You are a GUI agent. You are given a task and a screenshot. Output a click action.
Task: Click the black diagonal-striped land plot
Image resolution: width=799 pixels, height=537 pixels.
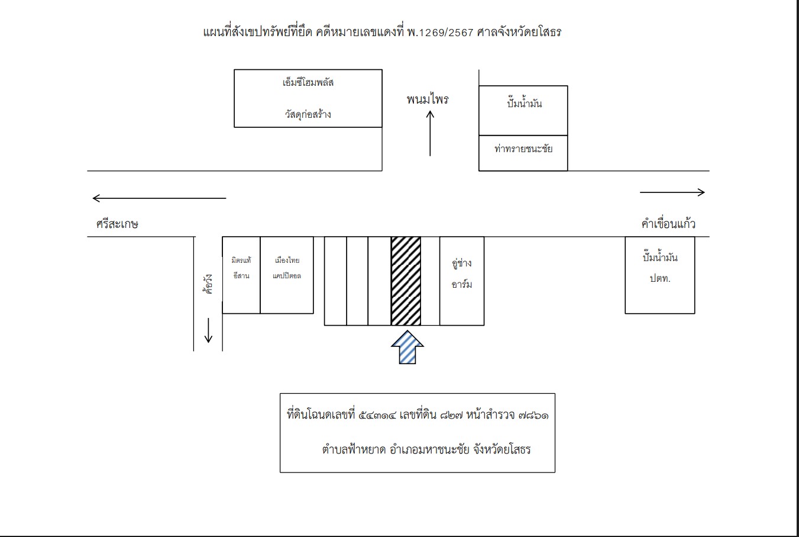point(406,281)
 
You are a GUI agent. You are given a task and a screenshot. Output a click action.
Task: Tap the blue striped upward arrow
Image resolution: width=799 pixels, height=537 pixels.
point(407,347)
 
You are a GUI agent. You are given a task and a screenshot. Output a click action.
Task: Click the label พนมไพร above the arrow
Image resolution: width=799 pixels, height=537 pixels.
point(428,99)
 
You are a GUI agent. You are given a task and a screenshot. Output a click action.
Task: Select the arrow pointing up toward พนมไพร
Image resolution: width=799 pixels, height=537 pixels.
point(430,133)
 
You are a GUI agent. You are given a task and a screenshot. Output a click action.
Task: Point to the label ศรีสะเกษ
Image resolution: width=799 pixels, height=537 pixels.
point(117,224)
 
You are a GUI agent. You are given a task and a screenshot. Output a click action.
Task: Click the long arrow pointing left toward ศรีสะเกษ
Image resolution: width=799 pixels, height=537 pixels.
point(159,198)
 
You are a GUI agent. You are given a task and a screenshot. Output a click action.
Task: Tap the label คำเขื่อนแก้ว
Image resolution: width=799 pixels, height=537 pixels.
point(668,224)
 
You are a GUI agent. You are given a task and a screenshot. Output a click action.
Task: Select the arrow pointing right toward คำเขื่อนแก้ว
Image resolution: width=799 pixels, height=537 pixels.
point(672,192)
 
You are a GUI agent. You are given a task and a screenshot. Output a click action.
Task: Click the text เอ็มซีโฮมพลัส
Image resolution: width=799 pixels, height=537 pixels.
point(308,82)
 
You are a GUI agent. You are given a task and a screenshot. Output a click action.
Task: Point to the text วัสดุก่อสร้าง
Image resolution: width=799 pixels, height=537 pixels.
point(308,114)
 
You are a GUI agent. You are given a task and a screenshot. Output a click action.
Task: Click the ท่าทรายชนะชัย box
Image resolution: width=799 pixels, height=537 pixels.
point(523,153)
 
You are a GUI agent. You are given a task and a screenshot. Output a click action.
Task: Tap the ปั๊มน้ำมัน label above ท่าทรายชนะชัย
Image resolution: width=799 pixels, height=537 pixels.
point(525,103)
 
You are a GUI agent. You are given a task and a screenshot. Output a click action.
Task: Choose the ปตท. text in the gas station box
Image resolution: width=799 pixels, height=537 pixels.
point(660,278)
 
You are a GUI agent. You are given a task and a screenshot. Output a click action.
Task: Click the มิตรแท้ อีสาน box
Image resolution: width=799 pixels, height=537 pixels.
point(241,275)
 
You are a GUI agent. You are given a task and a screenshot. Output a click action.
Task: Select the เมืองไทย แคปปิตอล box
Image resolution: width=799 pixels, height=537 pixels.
point(287,275)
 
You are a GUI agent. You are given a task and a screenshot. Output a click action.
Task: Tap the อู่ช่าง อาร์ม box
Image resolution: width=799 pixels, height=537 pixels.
point(462,281)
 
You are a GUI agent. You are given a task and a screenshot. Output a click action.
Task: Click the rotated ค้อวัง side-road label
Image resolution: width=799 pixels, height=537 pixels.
point(208,284)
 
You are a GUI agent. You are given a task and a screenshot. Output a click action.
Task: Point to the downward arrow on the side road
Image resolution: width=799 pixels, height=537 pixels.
point(208,330)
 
